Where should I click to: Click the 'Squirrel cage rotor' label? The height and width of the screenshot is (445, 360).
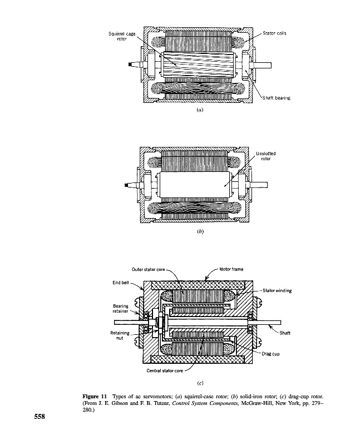click(x=122, y=37)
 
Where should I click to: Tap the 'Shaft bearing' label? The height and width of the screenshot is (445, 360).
click(x=277, y=98)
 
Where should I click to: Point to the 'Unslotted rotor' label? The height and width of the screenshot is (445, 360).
click(x=265, y=156)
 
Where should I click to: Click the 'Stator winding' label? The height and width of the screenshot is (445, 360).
click(x=277, y=290)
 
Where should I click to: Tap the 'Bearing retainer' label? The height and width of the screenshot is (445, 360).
click(x=121, y=309)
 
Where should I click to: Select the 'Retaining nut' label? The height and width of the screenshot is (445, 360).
click(x=120, y=335)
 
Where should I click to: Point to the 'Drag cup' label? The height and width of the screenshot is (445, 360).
click(x=272, y=353)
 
